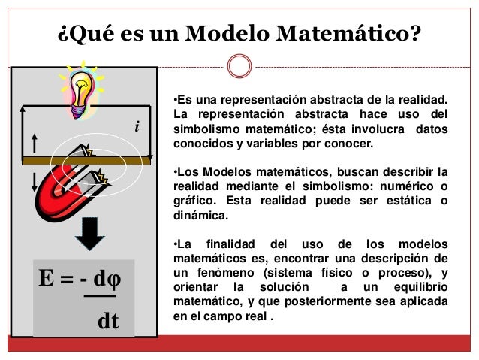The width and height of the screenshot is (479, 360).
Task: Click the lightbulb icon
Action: point(80,89)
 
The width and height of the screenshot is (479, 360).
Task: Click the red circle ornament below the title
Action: point(239,65)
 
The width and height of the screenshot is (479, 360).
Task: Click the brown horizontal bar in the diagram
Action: point(86,160)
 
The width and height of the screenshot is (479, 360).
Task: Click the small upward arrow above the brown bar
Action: point(35,144)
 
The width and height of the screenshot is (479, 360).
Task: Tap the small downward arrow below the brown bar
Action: point(35,180)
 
